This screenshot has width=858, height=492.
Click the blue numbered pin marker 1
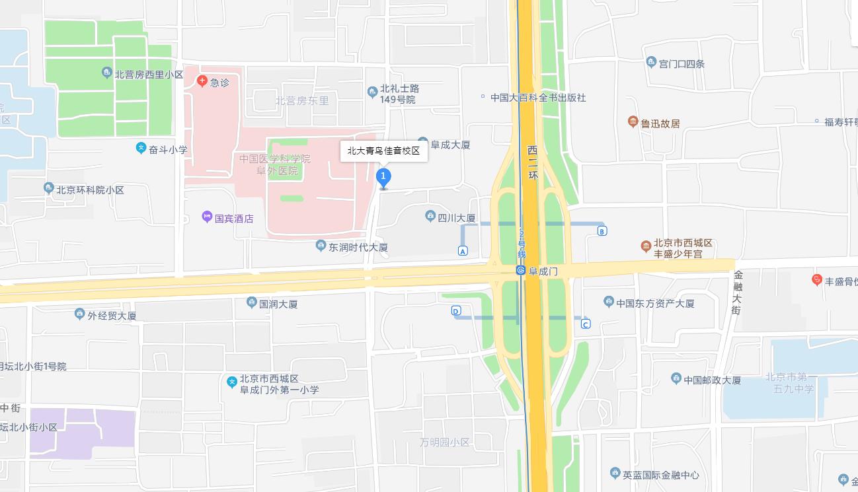coord(383,177)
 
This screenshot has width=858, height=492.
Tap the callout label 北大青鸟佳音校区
coord(384,151)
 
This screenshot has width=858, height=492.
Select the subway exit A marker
coord(463,251)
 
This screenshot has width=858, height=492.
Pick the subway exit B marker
coord(602,231)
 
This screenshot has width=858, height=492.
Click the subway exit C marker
coord(586,324)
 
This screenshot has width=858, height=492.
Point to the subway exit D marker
coord(456,311)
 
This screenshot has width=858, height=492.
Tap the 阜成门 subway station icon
coord(521,271)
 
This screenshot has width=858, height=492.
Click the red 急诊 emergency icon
coord(202,81)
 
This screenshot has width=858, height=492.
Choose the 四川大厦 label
coord(456,218)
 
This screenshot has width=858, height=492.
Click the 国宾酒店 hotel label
coord(234,218)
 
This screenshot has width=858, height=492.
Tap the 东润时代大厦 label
coord(358,247)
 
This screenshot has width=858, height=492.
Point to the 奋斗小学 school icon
coord(141,149)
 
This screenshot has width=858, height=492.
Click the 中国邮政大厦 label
coord(712,380)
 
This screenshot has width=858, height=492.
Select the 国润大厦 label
coord(278,304)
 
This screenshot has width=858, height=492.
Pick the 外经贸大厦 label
coord(112,315)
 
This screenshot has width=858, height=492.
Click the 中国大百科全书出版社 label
coord(538,98)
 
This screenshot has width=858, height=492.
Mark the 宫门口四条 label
coord(682,63)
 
